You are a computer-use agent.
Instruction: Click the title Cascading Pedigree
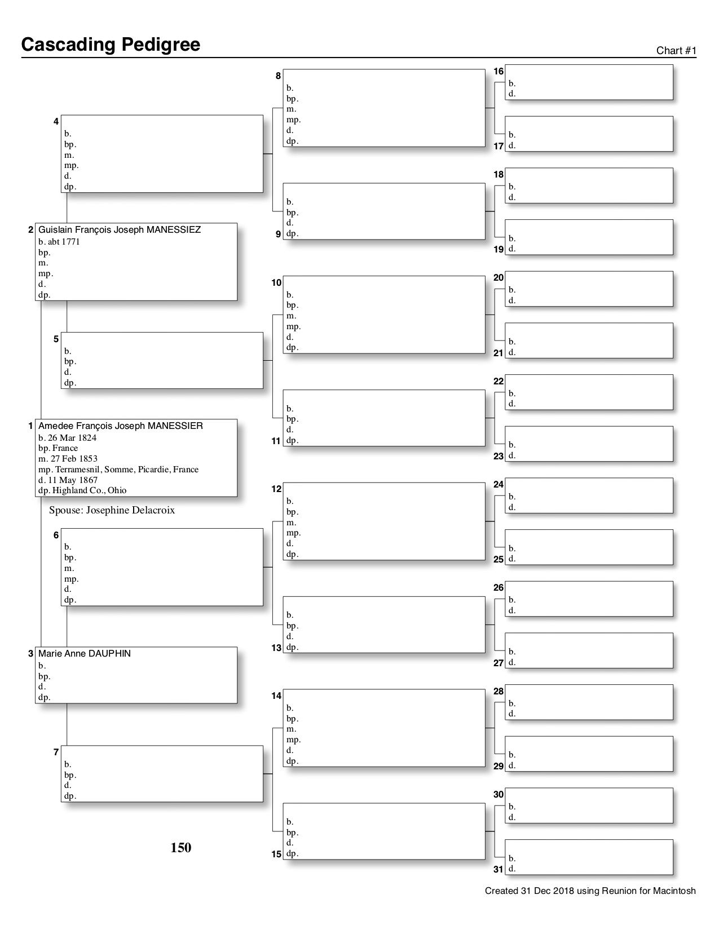tap(111, 45)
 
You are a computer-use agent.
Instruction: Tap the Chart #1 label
tap(676, 51)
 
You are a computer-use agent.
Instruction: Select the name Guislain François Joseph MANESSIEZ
tap(120, 230)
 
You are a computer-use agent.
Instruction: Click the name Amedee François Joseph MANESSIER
tap(121, 426)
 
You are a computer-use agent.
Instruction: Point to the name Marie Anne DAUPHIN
tap(85, 654)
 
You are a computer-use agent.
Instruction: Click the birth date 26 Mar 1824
tap(72, 437)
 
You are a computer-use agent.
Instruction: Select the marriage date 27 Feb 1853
tap(72, 459)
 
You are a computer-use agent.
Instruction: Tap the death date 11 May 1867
tap(71, 480)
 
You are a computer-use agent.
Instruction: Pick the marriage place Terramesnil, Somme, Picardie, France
tap(126, 470)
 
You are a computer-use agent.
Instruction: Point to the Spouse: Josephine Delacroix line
tap(112, 511)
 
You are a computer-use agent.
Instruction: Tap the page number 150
tap(181, 848)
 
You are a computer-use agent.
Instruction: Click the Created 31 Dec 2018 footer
tap(590, 891)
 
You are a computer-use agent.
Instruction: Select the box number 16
tap(499, 72)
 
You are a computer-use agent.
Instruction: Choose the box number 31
tap(499, 870)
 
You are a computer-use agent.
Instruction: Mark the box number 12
tap(276, 489)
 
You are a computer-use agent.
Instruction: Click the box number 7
tap(56, 752)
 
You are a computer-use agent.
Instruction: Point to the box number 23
tap(499, 457)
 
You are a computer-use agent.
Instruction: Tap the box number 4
tap(56, 122)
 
